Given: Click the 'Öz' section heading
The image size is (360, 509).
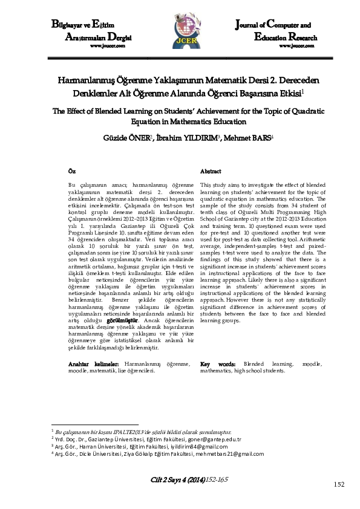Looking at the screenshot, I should pyautogui.click(x=72, y=172).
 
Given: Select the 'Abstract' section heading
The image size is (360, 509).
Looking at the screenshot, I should pyautogui.click(x=210, y=172).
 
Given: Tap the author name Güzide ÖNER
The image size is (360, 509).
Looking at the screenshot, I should pyautogui.click(x=122, y=137).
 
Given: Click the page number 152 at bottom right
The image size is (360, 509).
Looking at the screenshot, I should pyautogui.click(x=339, y=484).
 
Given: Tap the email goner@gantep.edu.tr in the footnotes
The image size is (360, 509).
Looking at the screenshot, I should pyautogui.click(x=215, y=439).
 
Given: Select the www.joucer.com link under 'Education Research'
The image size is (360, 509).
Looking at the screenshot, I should pyautogui.click(x=293, y=45).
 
